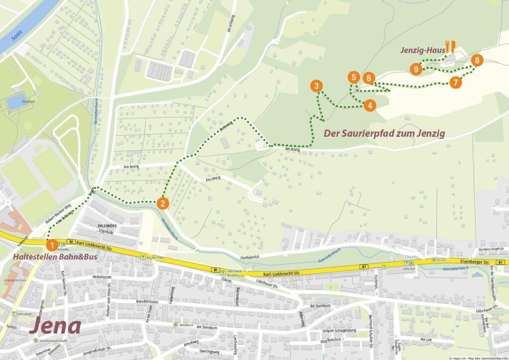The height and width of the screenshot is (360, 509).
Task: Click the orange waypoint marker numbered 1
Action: coord(51,245)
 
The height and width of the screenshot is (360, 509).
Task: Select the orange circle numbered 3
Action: coord(316,87)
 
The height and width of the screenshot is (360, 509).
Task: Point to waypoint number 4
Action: coord(369,105)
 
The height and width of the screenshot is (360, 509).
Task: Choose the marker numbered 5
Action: coord(353,77)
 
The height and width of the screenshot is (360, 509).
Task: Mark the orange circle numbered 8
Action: coord(477,61)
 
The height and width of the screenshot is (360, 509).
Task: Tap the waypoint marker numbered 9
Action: coord(416,69)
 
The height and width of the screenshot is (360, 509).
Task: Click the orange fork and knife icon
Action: coord(450,47)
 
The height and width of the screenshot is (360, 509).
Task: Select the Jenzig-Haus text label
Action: coord(422,50)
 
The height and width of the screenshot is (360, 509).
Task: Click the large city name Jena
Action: coord(55,326)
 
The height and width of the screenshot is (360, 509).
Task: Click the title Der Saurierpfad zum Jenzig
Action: coord(384,133)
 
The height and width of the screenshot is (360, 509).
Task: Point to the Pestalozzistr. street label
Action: coord(93,275)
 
